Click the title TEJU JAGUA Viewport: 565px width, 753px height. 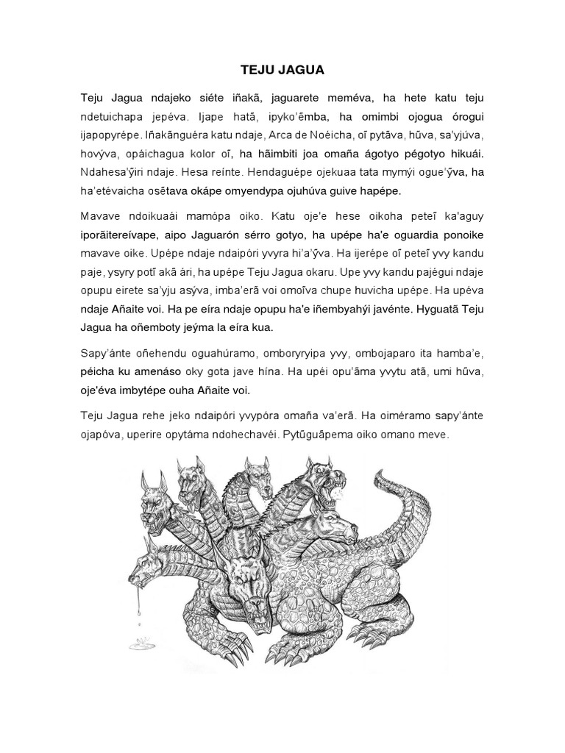[x=282, y=71]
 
